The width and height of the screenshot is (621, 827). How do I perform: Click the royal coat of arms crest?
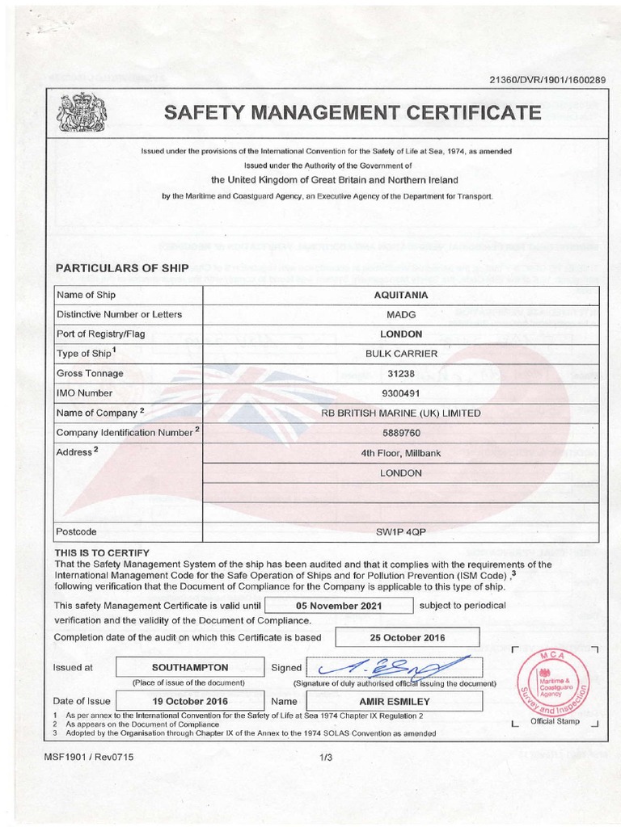(81, 112)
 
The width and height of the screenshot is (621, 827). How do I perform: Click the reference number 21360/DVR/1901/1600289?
(547, 78)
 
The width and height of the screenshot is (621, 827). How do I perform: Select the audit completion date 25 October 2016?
(407, 637)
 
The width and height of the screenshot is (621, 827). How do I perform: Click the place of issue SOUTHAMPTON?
(190, 668)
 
